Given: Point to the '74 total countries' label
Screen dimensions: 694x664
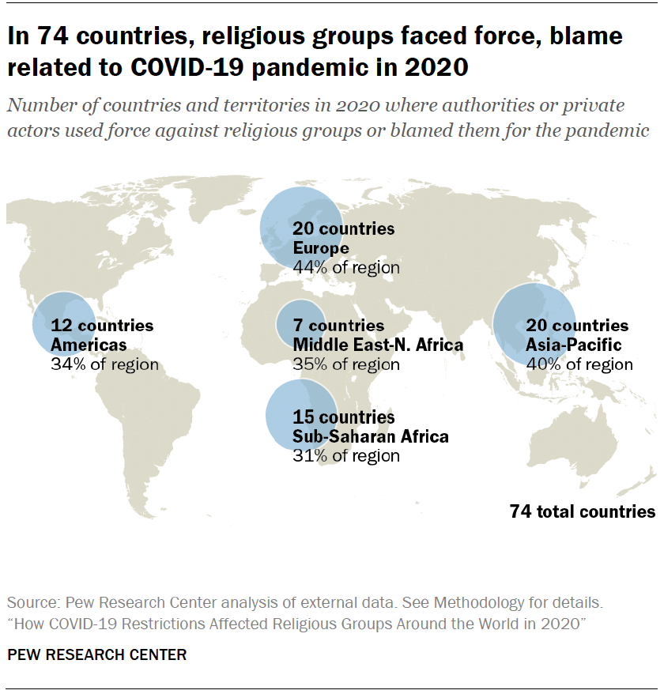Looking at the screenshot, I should coord(583,511).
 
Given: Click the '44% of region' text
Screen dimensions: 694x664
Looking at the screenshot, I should coord(346,268).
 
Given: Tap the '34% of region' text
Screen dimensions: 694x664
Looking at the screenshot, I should coord(104,364).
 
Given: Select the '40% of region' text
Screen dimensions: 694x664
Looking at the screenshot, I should coord(579,364).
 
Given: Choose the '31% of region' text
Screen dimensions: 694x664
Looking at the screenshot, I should coord(346,456).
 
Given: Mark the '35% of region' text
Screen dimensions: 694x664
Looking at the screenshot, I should coord(346,364).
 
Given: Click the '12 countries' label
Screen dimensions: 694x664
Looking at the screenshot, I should coord(102,325).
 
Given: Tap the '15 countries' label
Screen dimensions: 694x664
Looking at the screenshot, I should coord(343,417).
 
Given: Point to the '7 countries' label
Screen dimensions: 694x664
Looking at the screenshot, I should coord(338,325).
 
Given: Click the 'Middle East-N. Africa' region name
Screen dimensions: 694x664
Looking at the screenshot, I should coord(378,345).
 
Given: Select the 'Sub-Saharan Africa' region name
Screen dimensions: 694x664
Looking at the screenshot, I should coord(370,436).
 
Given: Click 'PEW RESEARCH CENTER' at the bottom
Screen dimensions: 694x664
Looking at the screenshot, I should coord(96,654).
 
